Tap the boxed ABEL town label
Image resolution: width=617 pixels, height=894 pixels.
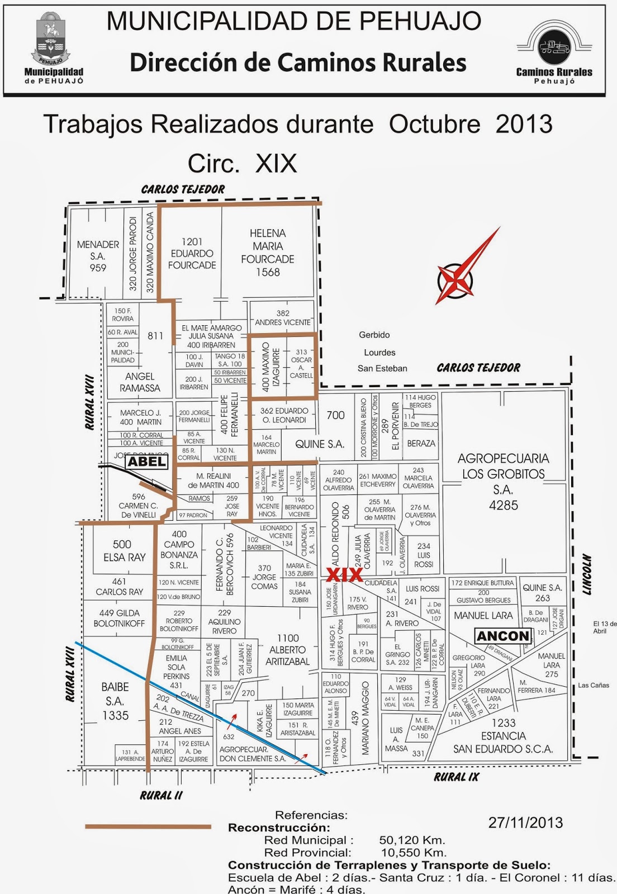click(146, 462)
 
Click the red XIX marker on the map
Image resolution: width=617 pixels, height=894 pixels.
click(344, 575)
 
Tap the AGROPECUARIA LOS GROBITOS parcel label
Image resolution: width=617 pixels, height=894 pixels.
click(503, 482)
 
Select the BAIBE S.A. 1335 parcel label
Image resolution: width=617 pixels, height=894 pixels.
click(115, 701)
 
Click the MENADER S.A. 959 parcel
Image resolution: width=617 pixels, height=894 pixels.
click(98, 256)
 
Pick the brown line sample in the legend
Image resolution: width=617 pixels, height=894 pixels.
click(148, 826)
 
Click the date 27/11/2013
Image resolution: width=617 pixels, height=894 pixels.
click(525, 822)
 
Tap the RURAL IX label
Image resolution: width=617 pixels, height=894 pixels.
click(457, 777)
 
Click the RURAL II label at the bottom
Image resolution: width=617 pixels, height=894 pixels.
click(161, 795)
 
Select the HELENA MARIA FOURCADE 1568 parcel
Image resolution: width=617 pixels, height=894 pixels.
click(268, 253)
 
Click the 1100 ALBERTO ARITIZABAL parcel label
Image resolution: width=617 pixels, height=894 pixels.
click(287, 650)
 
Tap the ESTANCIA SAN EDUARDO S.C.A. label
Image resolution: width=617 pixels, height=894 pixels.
click(503, 736)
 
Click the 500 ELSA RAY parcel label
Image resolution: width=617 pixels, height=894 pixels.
click(124, 551)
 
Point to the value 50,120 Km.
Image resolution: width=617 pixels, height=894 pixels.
click(412, 840)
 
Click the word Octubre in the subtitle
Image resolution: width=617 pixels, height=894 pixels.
click(434, 124)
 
